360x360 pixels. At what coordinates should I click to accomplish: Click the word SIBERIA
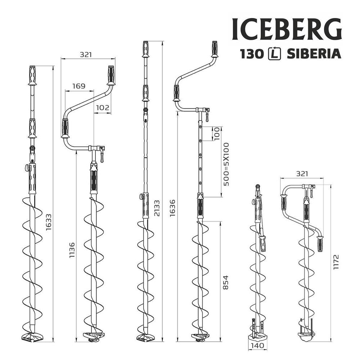pos(314,54)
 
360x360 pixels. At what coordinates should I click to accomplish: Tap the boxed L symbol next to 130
pos(274,54)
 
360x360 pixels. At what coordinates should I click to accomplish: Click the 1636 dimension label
pos(172,208)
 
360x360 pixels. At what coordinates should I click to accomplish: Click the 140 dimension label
pos(257,346)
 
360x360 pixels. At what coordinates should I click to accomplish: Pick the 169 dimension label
pos(78,86)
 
